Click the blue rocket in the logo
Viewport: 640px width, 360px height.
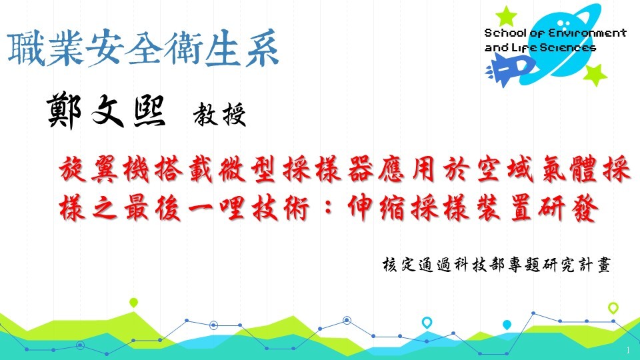(509, 70)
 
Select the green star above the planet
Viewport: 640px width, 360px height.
(506, 16)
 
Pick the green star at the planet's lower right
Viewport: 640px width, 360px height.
(595, 75)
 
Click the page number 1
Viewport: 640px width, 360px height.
(628, 350)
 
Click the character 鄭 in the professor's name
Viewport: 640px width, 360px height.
(64, 111)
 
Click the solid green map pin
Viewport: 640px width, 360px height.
(133, 303)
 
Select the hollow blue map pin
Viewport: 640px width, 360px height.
(427, 323)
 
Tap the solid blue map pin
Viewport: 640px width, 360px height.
(507, 325)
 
